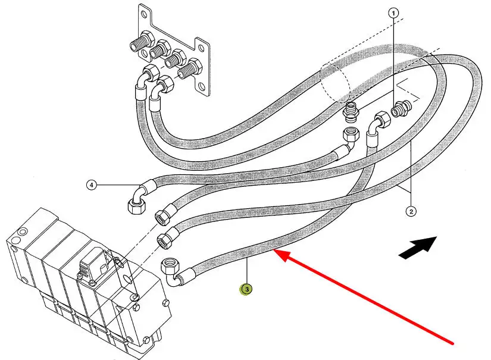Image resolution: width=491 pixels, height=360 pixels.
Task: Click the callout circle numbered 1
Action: (393, 12)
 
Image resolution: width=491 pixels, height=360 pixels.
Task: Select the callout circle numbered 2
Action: (410, 210)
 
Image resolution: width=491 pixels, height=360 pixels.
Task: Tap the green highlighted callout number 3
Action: (245, 289)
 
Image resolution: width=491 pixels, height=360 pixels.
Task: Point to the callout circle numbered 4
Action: (91, 185)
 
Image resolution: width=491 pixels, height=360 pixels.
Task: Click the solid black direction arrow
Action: (417, 246)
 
